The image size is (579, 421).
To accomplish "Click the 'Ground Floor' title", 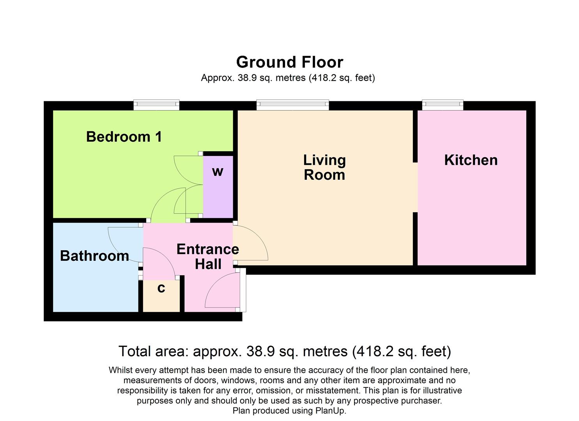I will [x=289, y=62].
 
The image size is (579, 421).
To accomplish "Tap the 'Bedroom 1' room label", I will [x=124, y=137].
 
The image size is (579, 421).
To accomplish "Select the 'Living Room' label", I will [x=324, y=168].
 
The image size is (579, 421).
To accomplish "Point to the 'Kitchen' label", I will [x=471, y=160].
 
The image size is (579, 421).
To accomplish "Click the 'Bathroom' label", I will [x=94, y=256].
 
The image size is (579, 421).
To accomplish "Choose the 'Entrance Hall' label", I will [x=207, y=256].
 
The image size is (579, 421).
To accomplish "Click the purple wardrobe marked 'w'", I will [x=218, y=187].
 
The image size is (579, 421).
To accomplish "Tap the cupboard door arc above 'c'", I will [x=160, y=263].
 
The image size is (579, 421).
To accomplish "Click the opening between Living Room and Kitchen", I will [x=415, y=187].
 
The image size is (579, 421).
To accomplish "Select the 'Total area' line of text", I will [x=285, y=351].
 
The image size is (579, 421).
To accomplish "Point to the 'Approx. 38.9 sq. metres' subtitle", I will [x=288, y=78].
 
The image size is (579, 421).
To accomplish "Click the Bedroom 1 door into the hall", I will [x=166, y=205].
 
